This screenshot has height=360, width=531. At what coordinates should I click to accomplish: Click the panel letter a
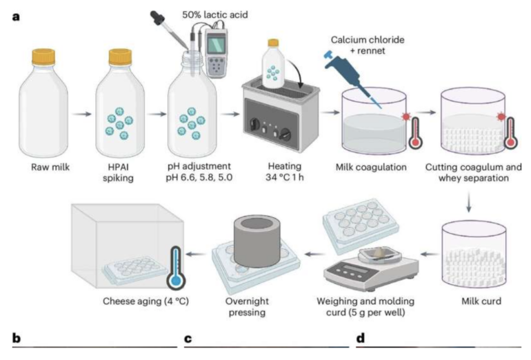16,15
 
